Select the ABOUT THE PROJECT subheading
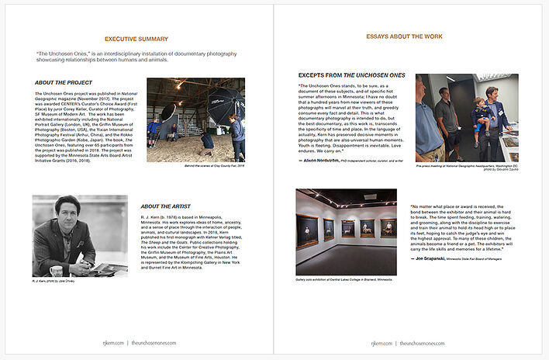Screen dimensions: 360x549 tap(64, 82)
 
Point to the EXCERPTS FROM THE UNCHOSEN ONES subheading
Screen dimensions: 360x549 tap(351, 74)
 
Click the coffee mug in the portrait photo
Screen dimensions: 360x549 tap(56, 271)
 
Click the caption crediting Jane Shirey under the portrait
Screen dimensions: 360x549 tap(55, 282)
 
